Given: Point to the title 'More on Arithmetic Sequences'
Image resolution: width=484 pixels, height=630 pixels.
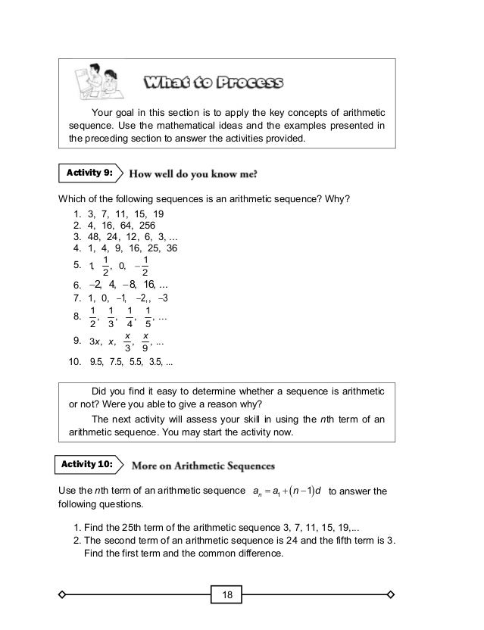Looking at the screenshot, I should click(x=204, y=463).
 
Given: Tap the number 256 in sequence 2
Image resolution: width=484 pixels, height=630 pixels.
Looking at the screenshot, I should click(x=145, y=225).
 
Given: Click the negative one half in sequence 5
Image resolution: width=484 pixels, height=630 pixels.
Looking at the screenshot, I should click(x=143, y=266).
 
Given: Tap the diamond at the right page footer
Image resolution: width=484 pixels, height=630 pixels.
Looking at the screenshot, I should click(x=391, y=594).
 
